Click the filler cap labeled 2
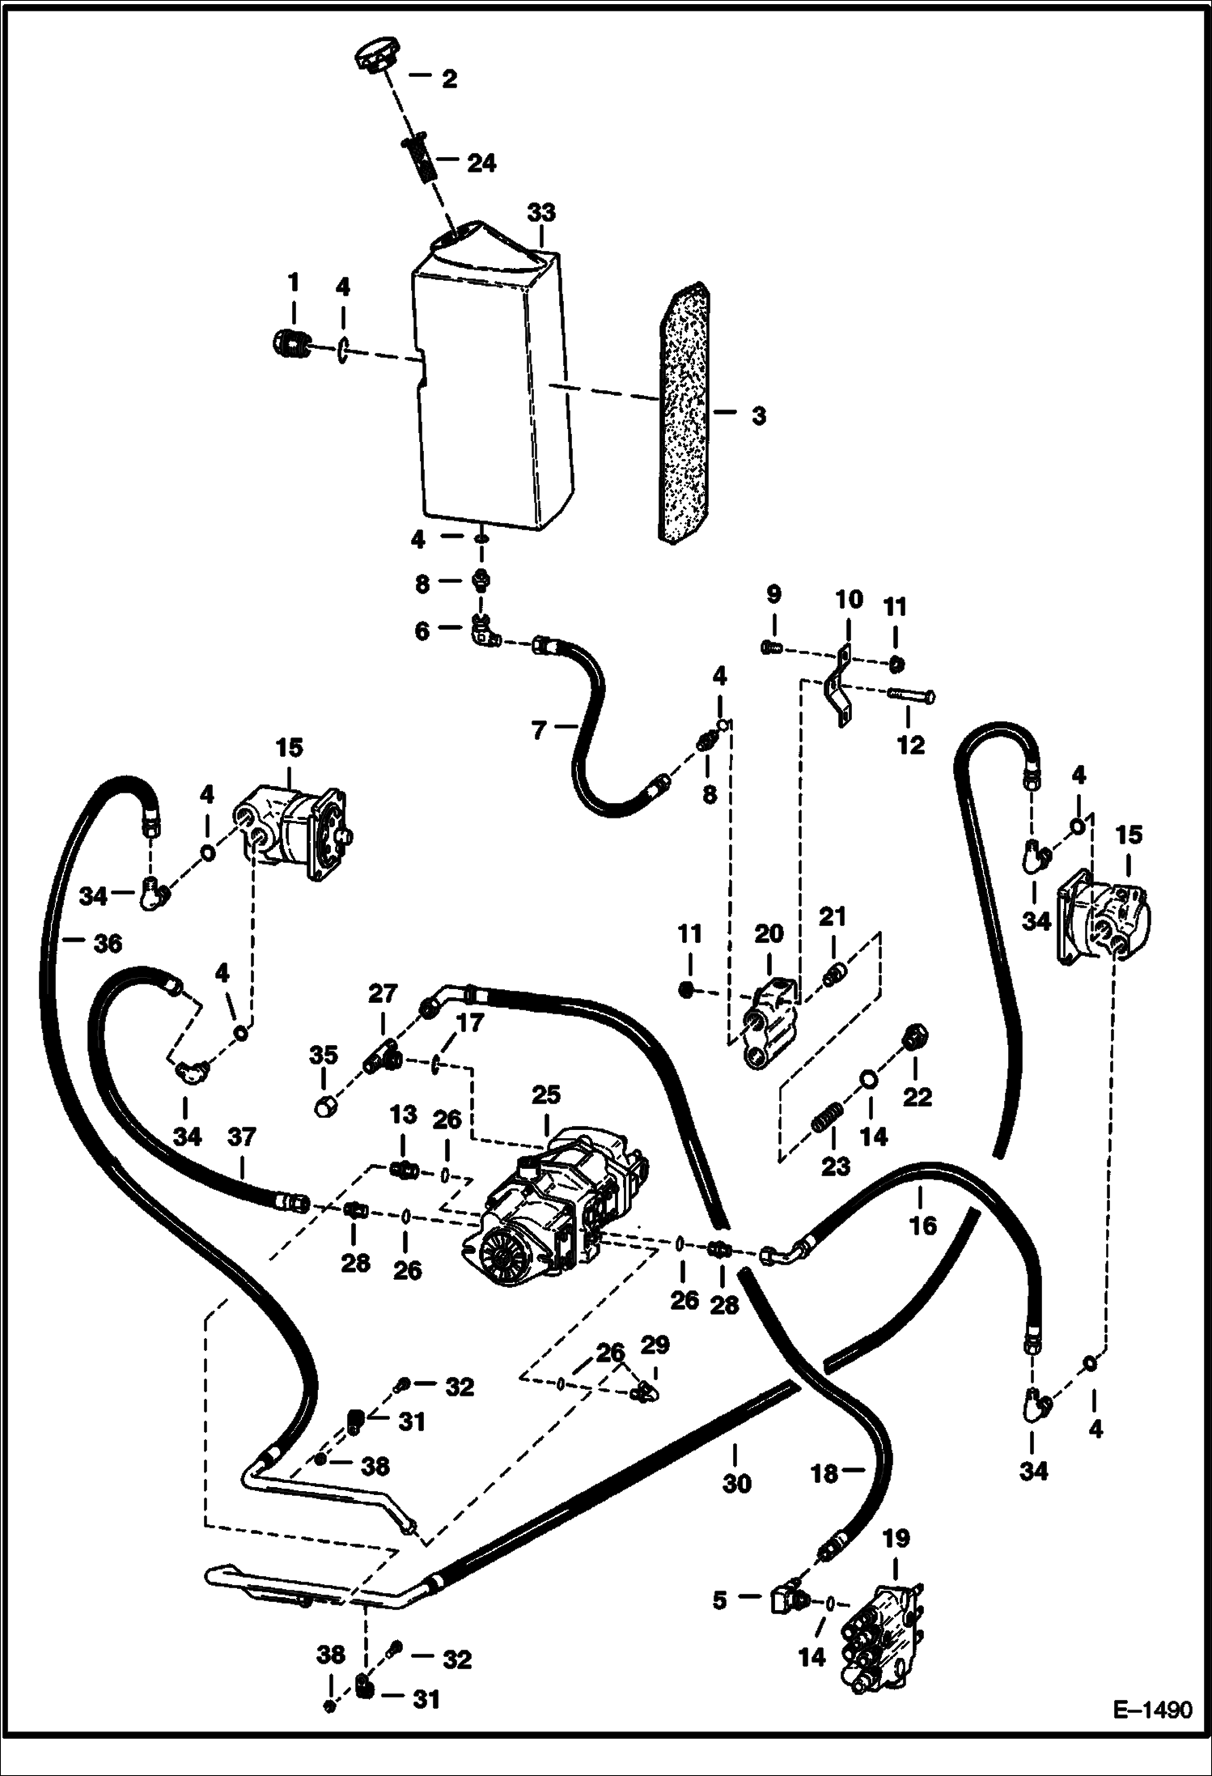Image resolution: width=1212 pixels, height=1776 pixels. click(373, 60)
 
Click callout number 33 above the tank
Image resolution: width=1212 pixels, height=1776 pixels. click(541, 213)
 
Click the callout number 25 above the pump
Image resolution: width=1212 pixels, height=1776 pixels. click(545, 1095)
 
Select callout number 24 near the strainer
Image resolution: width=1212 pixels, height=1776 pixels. click(481, 164)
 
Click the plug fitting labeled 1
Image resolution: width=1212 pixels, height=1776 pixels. click(288, 345)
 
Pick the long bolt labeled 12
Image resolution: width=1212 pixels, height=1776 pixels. click(913, 695)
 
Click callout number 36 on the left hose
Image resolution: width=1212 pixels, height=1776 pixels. click(108, 943)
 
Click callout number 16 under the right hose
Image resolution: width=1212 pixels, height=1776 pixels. click(922, 1225)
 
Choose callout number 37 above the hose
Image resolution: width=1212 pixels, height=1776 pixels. click(242, 1137)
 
